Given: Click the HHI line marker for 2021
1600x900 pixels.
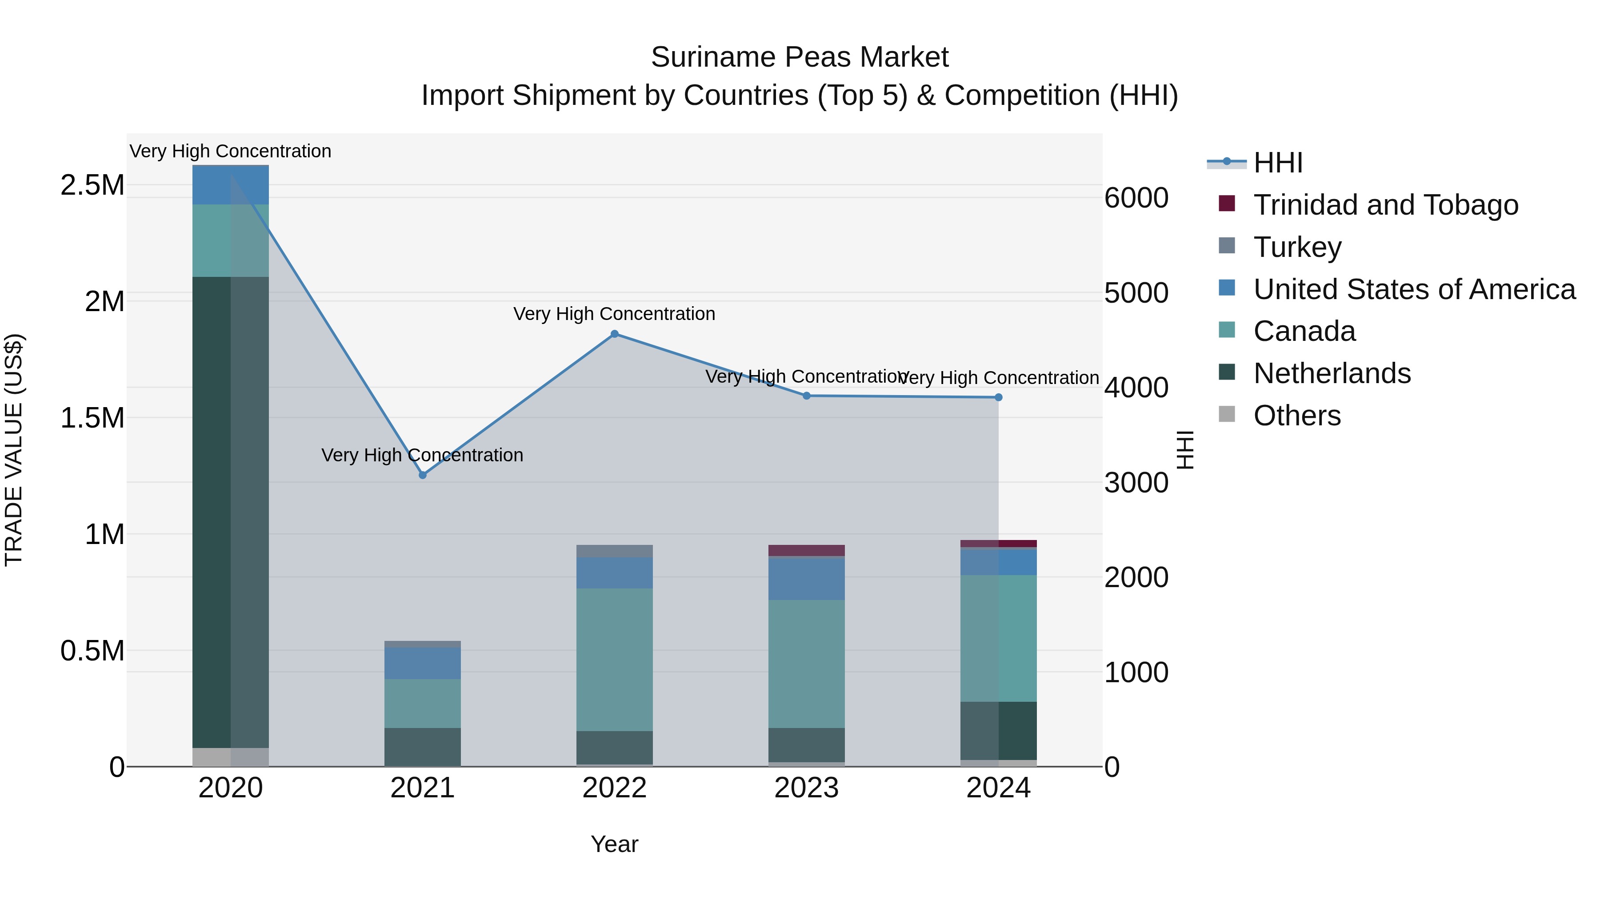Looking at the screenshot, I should [x=422, y=475].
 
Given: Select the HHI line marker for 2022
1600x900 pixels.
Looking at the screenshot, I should [x=614, y=334].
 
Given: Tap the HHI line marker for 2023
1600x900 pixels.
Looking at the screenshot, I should [x=806, y=396].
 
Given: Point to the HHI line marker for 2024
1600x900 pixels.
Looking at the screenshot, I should [x=998, y=397].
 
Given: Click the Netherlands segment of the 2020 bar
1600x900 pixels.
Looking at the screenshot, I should [x=230, y=512].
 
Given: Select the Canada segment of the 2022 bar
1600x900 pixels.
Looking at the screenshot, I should [x=614, y=659].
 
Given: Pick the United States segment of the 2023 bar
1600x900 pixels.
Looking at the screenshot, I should [x=806, y=578].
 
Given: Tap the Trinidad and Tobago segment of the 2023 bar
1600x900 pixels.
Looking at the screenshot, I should [x=806, y=550].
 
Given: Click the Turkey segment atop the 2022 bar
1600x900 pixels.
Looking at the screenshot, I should [x=614, y=551].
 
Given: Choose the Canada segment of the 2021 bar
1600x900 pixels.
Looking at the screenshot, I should [x=422, y=703].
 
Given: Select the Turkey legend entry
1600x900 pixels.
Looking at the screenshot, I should [x=1297, y=247].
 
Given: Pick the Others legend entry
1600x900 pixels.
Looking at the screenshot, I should [x=1296, y=416].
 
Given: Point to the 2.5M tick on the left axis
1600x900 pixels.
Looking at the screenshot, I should [x=92, y=185].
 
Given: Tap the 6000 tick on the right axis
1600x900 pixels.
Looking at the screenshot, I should [x=1136, y=198].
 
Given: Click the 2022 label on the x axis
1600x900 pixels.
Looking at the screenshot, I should [x=614, y=788].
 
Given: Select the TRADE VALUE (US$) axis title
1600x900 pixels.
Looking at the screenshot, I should [x=14, y=450].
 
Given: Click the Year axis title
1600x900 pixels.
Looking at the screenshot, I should [x=614, y=844].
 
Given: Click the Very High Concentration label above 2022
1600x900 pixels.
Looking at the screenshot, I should [x=614, y=314].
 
